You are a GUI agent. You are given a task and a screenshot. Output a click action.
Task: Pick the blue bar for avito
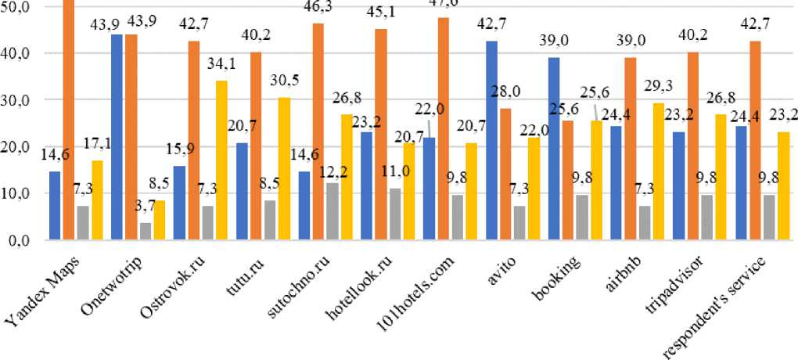click(x=492, y=141)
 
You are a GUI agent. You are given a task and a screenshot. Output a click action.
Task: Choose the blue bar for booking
click(x=554, y=149)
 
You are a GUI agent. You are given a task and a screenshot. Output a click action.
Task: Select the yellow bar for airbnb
click(x=658, y=171)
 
